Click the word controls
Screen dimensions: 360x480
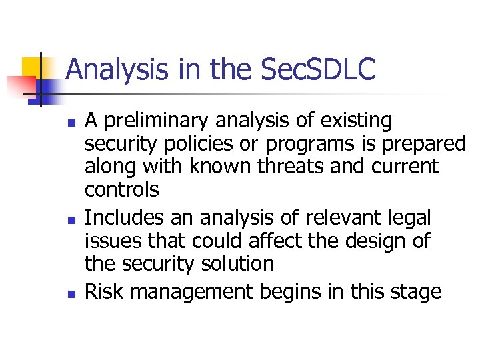tap(121, 189)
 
